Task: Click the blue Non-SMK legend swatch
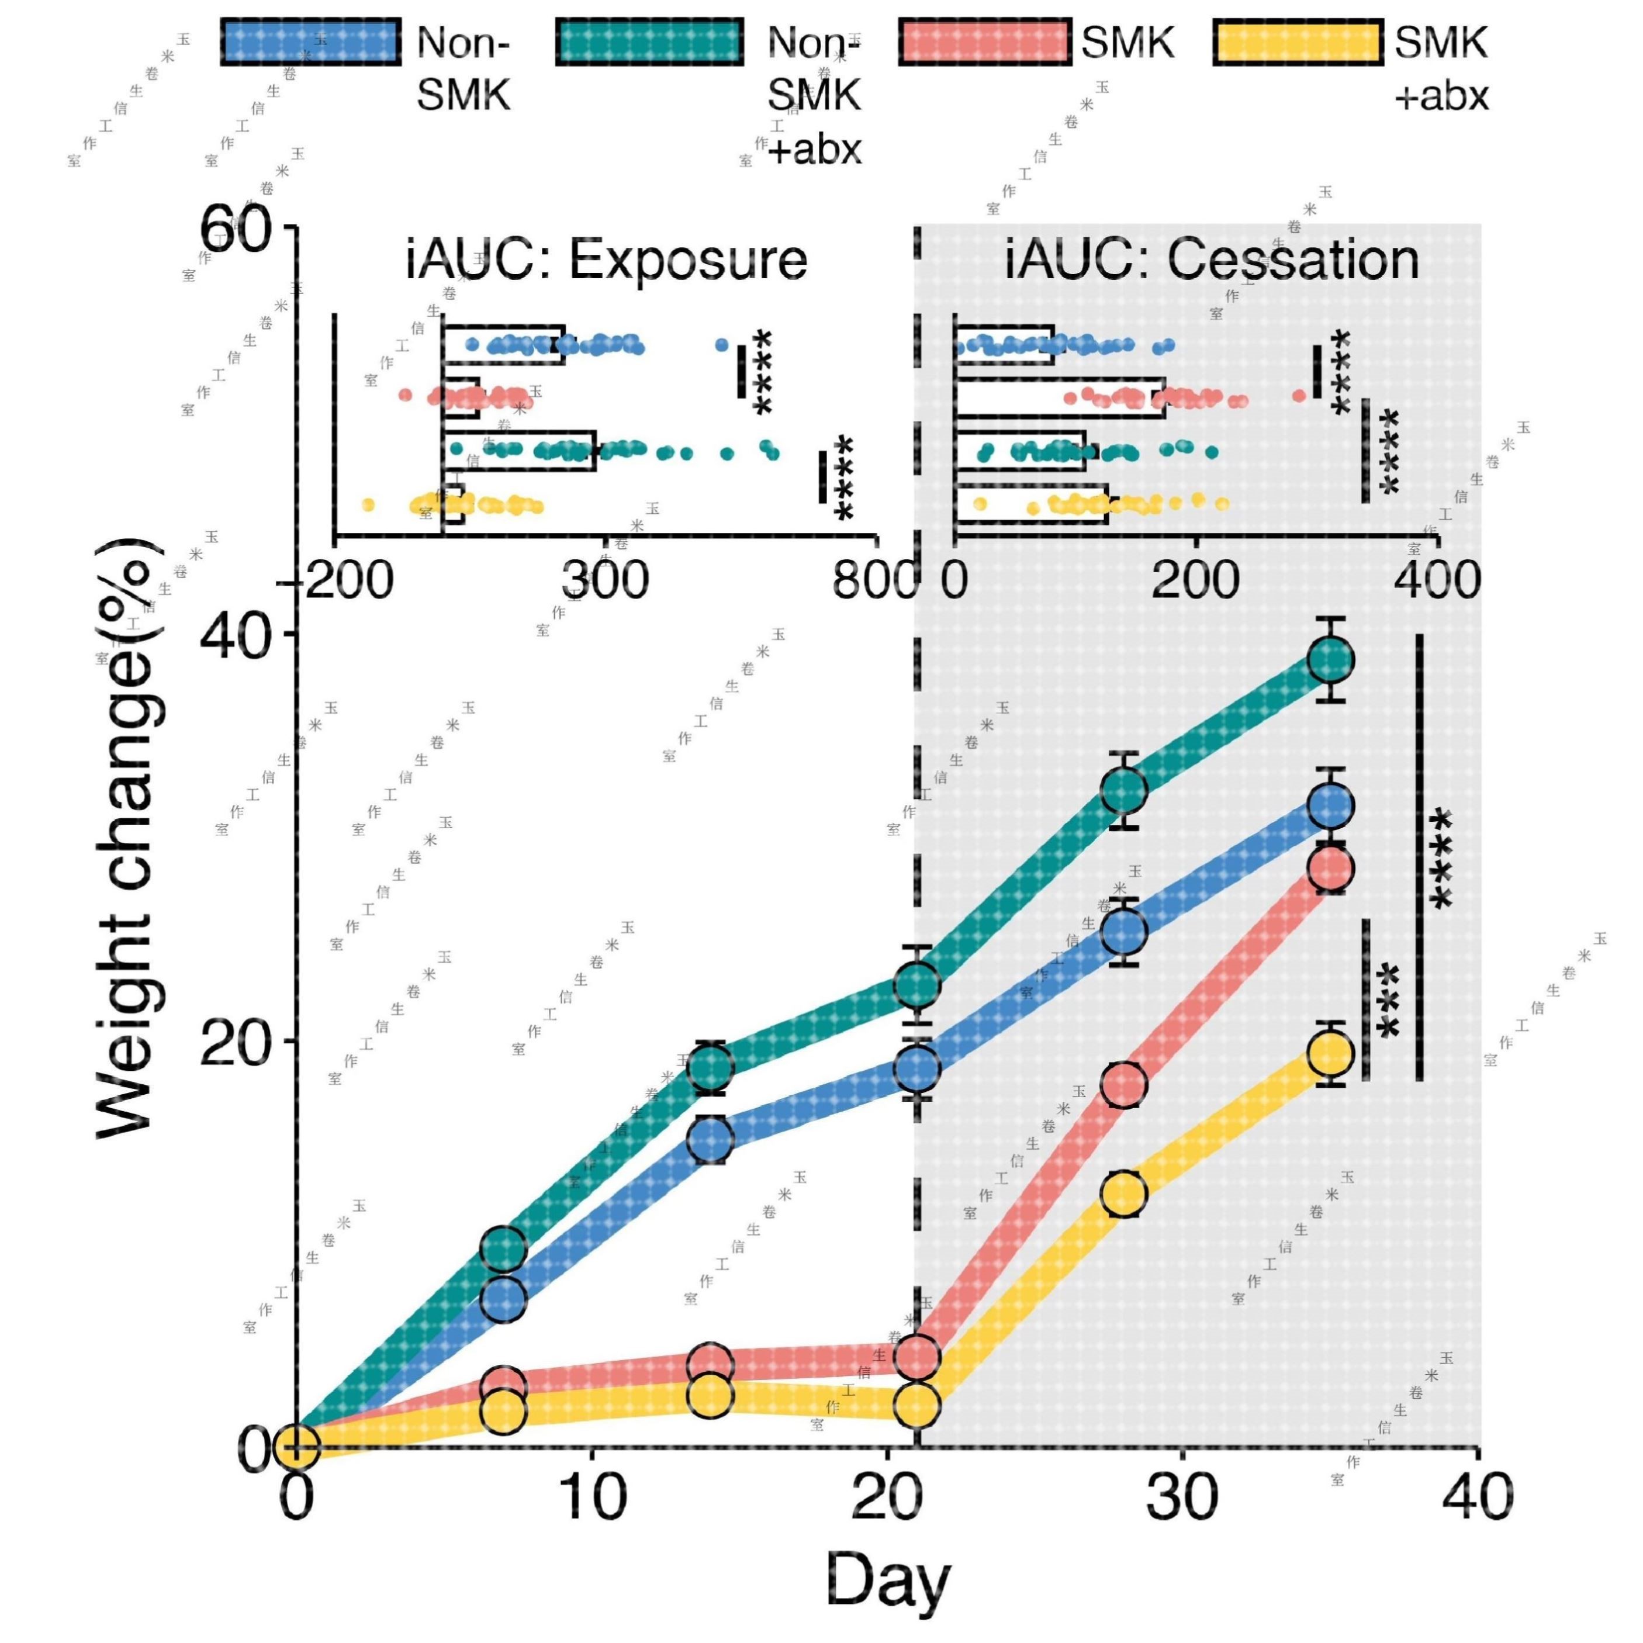[310, 41]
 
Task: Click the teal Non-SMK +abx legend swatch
[651, 41]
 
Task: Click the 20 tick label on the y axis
[236, 1041]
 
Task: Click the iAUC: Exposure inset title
[606, 260]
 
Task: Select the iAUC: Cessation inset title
[1212, 260]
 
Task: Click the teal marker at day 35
[1331, 659]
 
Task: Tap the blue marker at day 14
[710, 1140]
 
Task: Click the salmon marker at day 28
[1124, 1084]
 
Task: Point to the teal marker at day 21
[916, 985]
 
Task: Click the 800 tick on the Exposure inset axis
[876, 581]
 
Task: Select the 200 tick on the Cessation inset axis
[1195, 581]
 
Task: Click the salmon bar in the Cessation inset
[1059, 397]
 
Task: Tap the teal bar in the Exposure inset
[519, 451]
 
